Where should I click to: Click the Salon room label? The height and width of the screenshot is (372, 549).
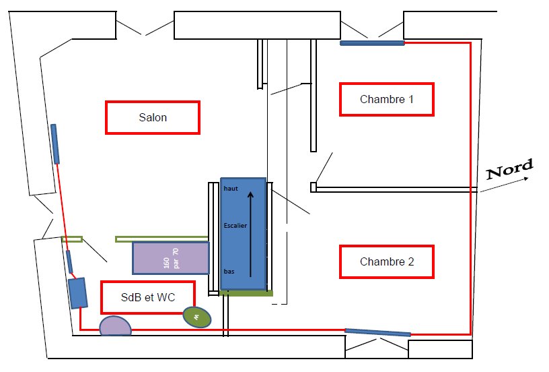click(x=153, y=117)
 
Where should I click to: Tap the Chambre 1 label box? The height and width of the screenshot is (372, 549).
click(x=386, y=99)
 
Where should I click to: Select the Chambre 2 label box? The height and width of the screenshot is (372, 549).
click(x=386, y=261)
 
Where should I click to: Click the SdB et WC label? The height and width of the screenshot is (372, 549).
click(x=148, y=297)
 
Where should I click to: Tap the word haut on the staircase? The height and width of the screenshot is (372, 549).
click(x=231, y=189)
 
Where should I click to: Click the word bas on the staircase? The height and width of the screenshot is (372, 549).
click(x=229, y=271)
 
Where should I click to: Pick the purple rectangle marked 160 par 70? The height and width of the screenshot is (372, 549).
click(x=171, y=257)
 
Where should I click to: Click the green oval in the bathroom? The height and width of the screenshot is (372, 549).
click(x=196, y=317)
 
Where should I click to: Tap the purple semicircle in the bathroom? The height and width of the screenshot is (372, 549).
click(x=115, y=327)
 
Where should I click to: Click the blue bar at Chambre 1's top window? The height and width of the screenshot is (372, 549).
click(x=372, y=43)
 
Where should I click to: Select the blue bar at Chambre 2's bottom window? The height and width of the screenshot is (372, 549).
click(x=377, y=332)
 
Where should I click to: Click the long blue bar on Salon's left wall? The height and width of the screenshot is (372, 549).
click(x=55, y=144)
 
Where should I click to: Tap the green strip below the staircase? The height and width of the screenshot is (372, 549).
click(x=246, y=293)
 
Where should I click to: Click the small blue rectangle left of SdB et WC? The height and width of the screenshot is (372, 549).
click(x=78, y=292)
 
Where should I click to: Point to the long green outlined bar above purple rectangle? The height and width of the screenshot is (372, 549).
click(x=162, y=239)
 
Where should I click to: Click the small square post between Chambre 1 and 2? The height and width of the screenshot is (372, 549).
click(x=314, y=186)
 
